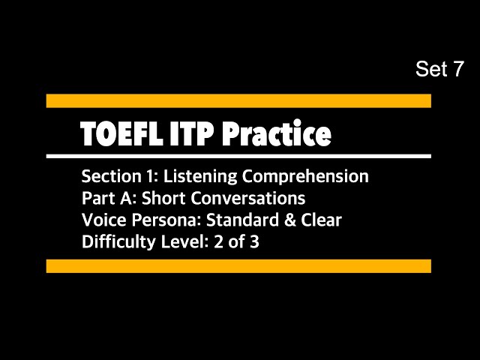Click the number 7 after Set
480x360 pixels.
point(457,70)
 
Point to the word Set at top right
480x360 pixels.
point(430,70)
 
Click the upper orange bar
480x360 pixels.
point(238,100)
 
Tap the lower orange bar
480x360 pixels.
point(238,265)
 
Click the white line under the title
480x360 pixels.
point(238,156)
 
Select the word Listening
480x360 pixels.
point(195,177)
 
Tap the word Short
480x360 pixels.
point(162,199)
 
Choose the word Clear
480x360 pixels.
point(319,220)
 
